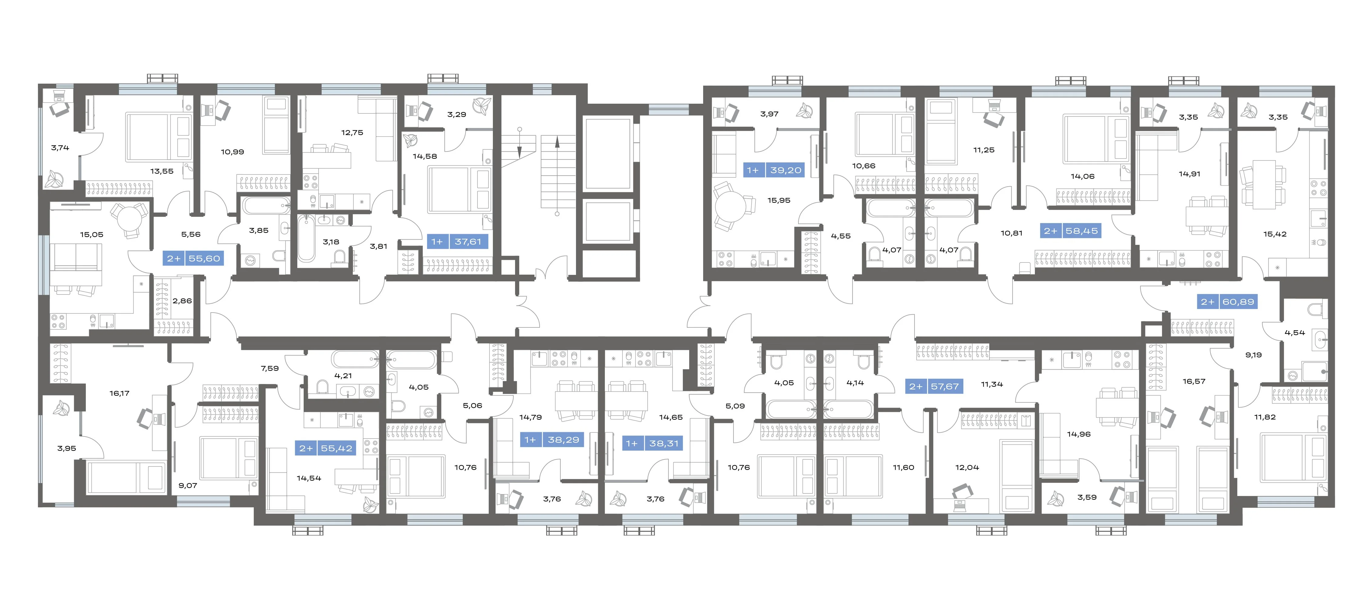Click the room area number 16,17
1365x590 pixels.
coord(119,393)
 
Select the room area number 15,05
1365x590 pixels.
coord(92,234)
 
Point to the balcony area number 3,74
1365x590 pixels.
coord(60,148)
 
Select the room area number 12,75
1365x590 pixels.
coord(352,133)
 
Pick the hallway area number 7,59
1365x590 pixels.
coord(270,368)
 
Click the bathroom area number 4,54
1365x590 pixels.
coord(1295,333)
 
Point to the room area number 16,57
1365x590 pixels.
coord(1194,381)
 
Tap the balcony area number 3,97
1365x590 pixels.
coord(769,114)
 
